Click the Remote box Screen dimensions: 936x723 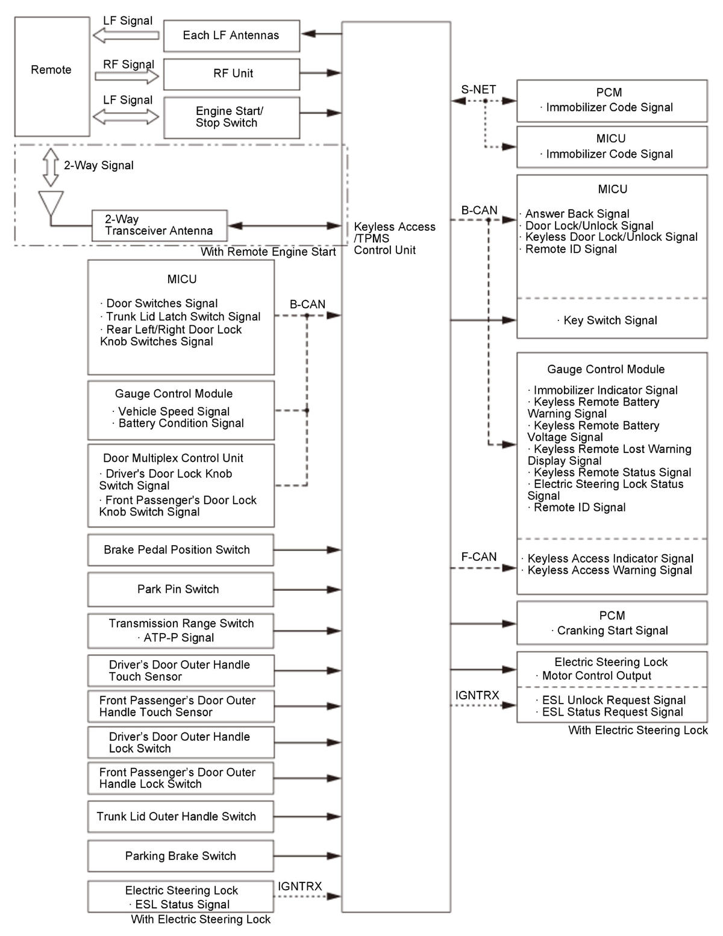point(52,76)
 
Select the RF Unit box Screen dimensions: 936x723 point(231,73)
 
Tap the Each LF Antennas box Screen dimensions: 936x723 point(231,36)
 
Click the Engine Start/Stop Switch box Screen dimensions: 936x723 point(231,117)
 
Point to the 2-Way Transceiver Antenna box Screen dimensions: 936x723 point(159,225)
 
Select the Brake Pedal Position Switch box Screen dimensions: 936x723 point(180,549)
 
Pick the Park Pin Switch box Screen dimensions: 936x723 point(180,589)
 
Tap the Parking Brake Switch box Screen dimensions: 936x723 point(180,856)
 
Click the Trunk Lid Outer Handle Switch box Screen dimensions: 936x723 point(180,816)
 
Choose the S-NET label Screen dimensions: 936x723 point(478,90)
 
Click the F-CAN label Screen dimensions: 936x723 point(479,557)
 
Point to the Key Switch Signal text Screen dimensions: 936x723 point(610,320)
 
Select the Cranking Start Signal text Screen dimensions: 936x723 point(612,631)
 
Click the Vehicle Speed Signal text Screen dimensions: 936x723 point(174,411)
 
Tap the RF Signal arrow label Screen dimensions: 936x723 point(128,64)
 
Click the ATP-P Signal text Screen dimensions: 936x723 point(178,637)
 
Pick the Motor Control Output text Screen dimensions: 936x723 point(596,676)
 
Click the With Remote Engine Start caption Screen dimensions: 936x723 point(268,252)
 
